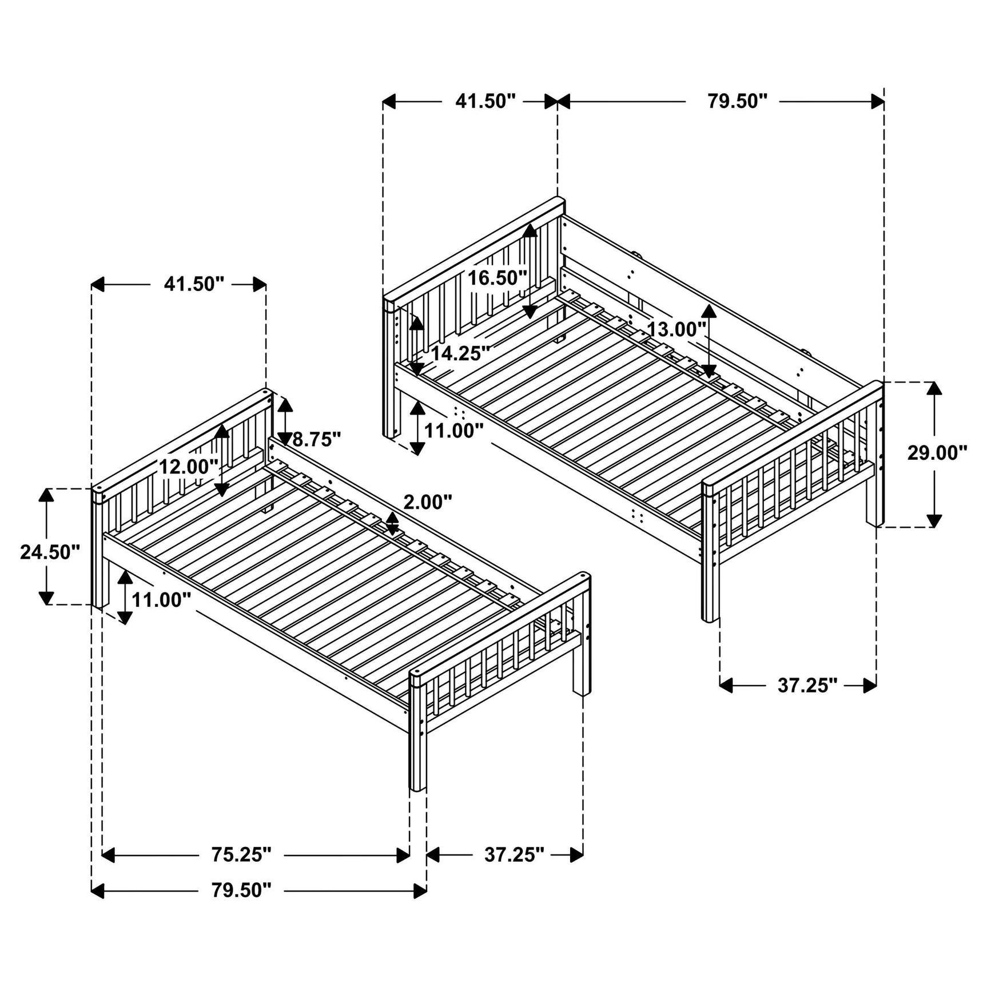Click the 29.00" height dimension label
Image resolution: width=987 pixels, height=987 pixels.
pyautogui.click(x=937, y=453)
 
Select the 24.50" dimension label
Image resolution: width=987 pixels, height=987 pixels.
pyautogui.click(x=50, y=552)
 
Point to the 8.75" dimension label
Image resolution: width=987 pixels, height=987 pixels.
pyautogui.click(x=316, y=439)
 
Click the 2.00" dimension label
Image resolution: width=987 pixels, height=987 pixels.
pyautogui.click(x=427, y=502)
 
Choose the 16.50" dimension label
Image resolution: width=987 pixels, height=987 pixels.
pyautogui.click(x=497, y=278)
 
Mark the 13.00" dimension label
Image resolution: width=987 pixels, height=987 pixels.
pyautogui.click(x=676, y=329)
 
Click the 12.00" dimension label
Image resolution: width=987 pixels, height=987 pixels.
pyautogui.click(x=188, y=467)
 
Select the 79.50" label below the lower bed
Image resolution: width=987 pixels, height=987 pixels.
pyautogui.click(x=241, y=906)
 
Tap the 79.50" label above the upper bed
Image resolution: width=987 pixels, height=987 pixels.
pyautogui.click(x=737, y=101)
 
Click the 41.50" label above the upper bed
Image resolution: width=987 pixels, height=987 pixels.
pyautogui.click(x=485, y=101)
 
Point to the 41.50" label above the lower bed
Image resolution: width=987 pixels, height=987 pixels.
pyautogui.click(x=194, y=284)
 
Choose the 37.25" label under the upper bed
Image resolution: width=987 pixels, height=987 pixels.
pyautogui.click(x=807, y=685)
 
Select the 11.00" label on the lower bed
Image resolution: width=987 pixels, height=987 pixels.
pyautogui.click(x=161, y=600)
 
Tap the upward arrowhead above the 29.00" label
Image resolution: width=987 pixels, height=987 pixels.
pyautogui.click(x=934, y=388)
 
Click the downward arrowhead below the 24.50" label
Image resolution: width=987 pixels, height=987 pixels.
pyautogui.click(x=46, y=598)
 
